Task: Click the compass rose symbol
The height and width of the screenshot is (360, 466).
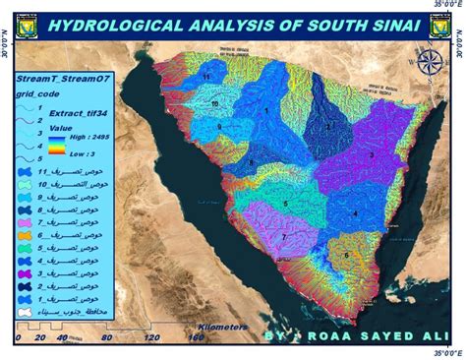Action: pyautogui.click(x=430, y=93)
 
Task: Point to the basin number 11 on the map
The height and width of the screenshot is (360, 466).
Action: pyautogui.click(x=206, y=76)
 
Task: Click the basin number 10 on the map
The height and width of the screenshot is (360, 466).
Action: pyautogui.click(x=214, y=102)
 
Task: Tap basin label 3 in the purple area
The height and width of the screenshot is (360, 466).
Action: pyautogui.click(x=371, y=155)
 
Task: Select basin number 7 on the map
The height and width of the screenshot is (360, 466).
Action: pyautogui.click(x=283, y=237)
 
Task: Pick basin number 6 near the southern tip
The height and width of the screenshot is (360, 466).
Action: pyautogui.click(x=346, y=254)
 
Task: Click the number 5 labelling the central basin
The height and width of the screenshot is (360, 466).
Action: pyautogui.click(x=285, y=204)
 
